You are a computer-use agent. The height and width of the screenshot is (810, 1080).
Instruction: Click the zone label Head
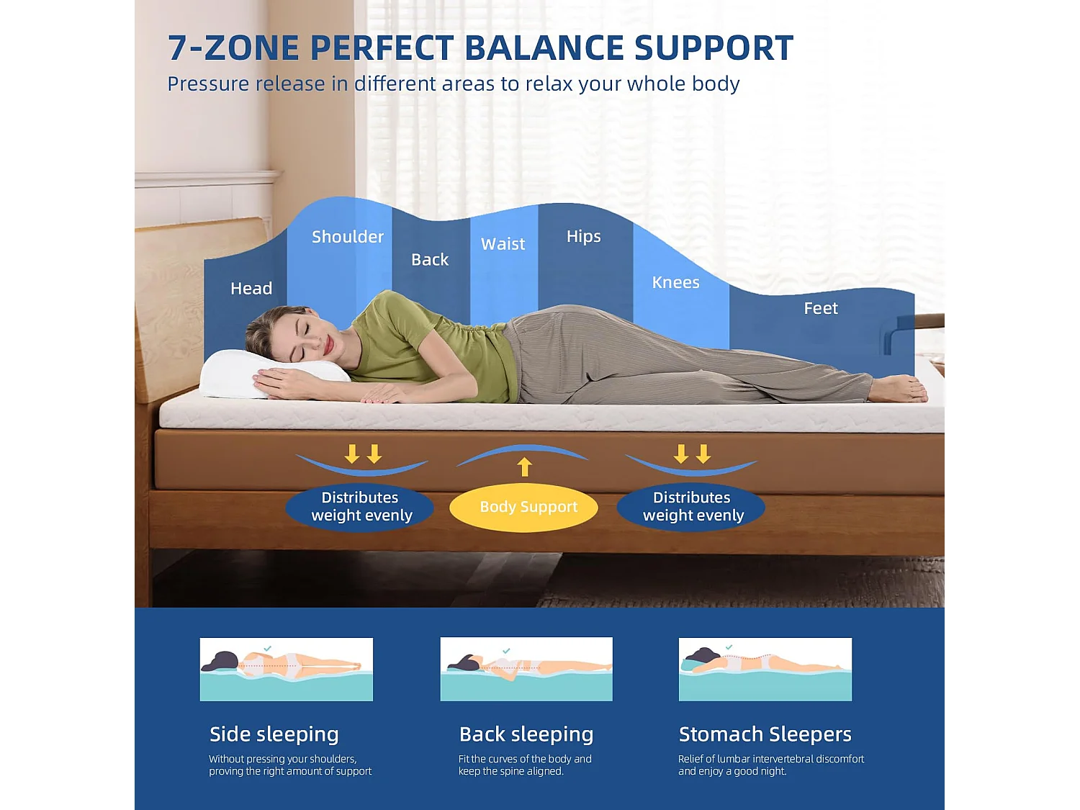coord(251,288)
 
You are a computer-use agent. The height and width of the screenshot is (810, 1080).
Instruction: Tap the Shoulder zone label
coord(347,237)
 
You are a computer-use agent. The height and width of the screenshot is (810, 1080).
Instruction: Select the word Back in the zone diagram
coord(430,259)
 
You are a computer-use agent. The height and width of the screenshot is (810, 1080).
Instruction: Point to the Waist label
coord(503,244)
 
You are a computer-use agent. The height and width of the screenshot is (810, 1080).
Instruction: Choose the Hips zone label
coord(583,237)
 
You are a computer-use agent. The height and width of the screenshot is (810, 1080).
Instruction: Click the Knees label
coord(675,282)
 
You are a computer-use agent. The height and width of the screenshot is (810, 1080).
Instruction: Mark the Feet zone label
coord(821,308)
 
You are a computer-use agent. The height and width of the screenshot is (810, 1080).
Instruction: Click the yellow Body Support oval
coord(523,507)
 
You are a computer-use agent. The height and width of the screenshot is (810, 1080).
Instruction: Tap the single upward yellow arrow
coord(525,467)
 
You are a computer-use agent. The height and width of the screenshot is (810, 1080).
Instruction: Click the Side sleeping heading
coord(274,734)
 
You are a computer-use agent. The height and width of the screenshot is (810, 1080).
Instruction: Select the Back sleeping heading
coord(526,734)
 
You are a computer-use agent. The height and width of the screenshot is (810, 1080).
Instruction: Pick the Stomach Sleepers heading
coord(765,734)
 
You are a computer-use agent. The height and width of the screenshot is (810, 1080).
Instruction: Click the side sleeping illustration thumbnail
coord(287,670)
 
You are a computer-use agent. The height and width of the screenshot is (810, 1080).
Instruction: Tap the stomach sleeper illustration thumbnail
coord(765,670)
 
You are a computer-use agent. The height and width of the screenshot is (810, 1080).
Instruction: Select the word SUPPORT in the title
coord(714,48)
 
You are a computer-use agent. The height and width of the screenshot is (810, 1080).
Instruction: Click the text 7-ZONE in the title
coord(234,48)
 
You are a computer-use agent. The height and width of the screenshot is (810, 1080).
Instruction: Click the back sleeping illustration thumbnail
coord(526,670)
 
